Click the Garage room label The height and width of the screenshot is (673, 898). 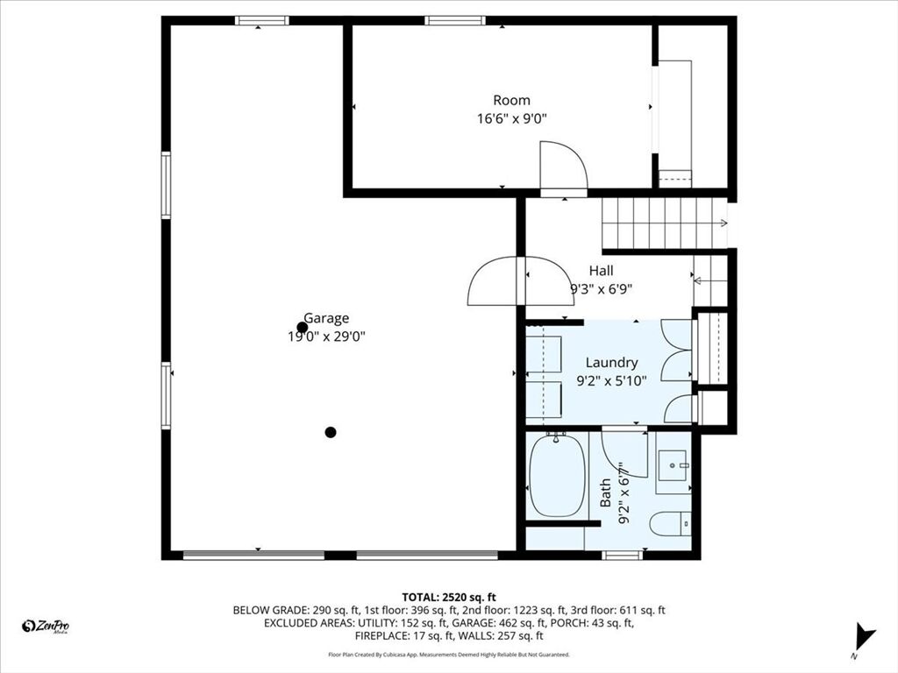pos(326,318)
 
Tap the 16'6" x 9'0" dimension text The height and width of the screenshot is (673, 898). pos(512,119)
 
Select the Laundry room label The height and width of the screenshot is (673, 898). pos(611,363)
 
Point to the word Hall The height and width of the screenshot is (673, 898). pos(601,271)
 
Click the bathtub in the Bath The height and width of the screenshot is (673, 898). pos(557,475)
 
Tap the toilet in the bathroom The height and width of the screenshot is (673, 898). pos(671,521)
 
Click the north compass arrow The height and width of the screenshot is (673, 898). pos(863,636)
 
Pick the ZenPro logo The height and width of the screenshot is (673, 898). pos(46,626)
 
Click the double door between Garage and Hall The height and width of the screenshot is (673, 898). pos(521,281)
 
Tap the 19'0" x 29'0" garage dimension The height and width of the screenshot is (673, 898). pos(326,336)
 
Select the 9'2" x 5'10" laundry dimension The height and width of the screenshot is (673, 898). pos(611,380)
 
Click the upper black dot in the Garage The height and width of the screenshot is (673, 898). pos(303,328)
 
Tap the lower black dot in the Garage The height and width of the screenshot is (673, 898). pos(331,432)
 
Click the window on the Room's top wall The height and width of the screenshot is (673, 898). pos(455,21)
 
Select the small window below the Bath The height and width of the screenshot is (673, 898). pos(623,555)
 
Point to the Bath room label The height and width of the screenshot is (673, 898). pos(605,493)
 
